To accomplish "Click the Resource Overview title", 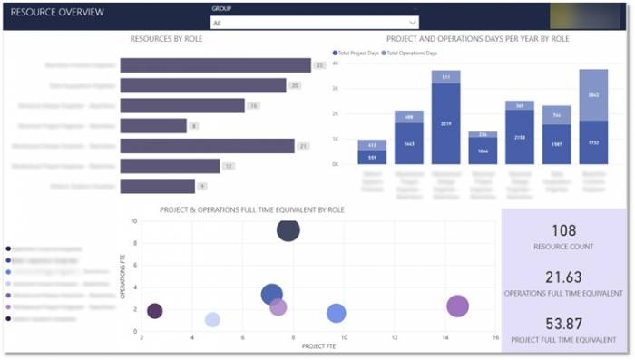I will point(57,13).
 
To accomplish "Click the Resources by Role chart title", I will point(166,40).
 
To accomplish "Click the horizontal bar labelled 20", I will point(203,85).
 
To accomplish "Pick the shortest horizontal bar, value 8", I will point(153,125).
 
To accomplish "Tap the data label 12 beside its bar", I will point(230,166).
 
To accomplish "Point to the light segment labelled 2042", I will point(593,94).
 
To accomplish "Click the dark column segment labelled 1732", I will point(593,142).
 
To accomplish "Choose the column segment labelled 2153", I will point(520,138).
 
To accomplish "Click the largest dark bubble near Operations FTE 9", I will point(288,230).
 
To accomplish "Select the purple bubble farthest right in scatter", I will point(458,306).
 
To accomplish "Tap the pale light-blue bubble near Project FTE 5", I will point(212,319).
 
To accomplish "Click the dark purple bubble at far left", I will point(155,311).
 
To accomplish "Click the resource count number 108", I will point(563,230).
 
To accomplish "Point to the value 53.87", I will point(563,325).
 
